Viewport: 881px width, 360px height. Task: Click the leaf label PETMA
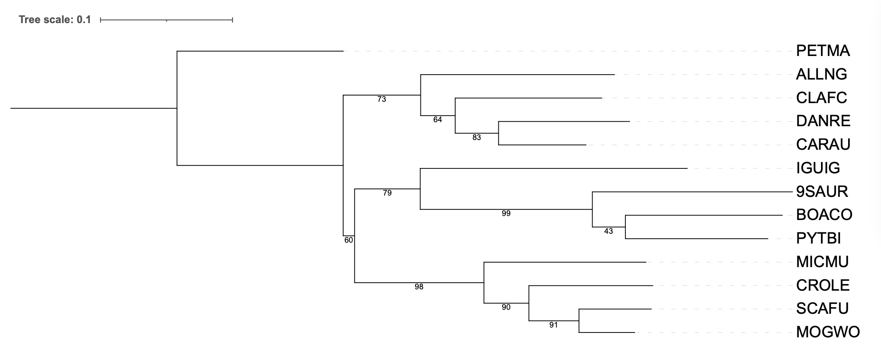pos(823,51)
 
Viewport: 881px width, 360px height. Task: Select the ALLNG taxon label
pos(821,74)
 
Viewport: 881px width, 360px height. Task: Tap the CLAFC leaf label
pos(821,98)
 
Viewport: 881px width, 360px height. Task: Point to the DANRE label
pos(823,121)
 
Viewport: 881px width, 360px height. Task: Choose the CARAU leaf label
pos(823,144)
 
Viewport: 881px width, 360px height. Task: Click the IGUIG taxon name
pos(818,168)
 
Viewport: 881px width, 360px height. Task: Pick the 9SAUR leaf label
pos(822,192)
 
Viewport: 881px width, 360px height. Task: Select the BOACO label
pos(824,215)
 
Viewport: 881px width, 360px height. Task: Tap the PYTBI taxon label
pos(818,239)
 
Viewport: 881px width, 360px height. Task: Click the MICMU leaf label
pos(822,262)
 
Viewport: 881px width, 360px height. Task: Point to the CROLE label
pos(823,285)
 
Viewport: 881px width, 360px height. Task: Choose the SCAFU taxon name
pos(822,308)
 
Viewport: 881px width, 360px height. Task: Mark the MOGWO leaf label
pos(828,332)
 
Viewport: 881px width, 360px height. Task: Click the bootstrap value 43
pos(609,231)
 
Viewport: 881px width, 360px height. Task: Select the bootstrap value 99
pos(506,213)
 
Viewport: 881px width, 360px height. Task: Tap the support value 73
pos(382,99)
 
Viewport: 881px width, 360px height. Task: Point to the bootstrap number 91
pos(553,325)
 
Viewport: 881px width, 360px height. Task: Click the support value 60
pos(348,240)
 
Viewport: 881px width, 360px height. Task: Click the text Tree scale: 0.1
pos(55,20)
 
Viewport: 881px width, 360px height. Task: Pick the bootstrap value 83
pos(477,137)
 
